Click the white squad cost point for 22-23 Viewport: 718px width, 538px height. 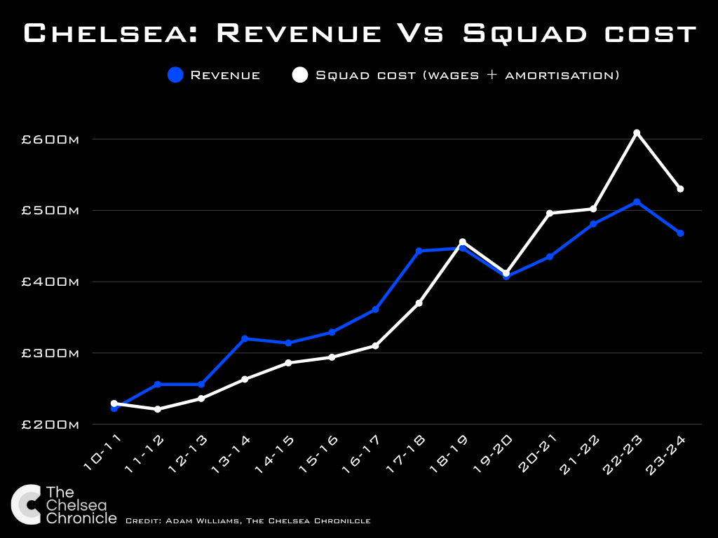637,132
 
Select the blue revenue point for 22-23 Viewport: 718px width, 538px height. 637,202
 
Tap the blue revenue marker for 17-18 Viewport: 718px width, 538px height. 419,251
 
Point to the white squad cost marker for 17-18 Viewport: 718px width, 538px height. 419,303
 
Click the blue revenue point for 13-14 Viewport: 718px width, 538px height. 245,338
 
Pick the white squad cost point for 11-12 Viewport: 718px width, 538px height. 158,409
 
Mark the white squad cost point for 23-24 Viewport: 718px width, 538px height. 680,189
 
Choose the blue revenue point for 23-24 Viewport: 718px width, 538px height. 680,233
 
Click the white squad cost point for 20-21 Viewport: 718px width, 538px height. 550,213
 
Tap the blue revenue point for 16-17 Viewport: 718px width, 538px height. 375,309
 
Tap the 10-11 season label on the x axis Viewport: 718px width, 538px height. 101,455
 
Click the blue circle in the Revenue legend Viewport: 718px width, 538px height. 176,75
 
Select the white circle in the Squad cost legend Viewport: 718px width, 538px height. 300,75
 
